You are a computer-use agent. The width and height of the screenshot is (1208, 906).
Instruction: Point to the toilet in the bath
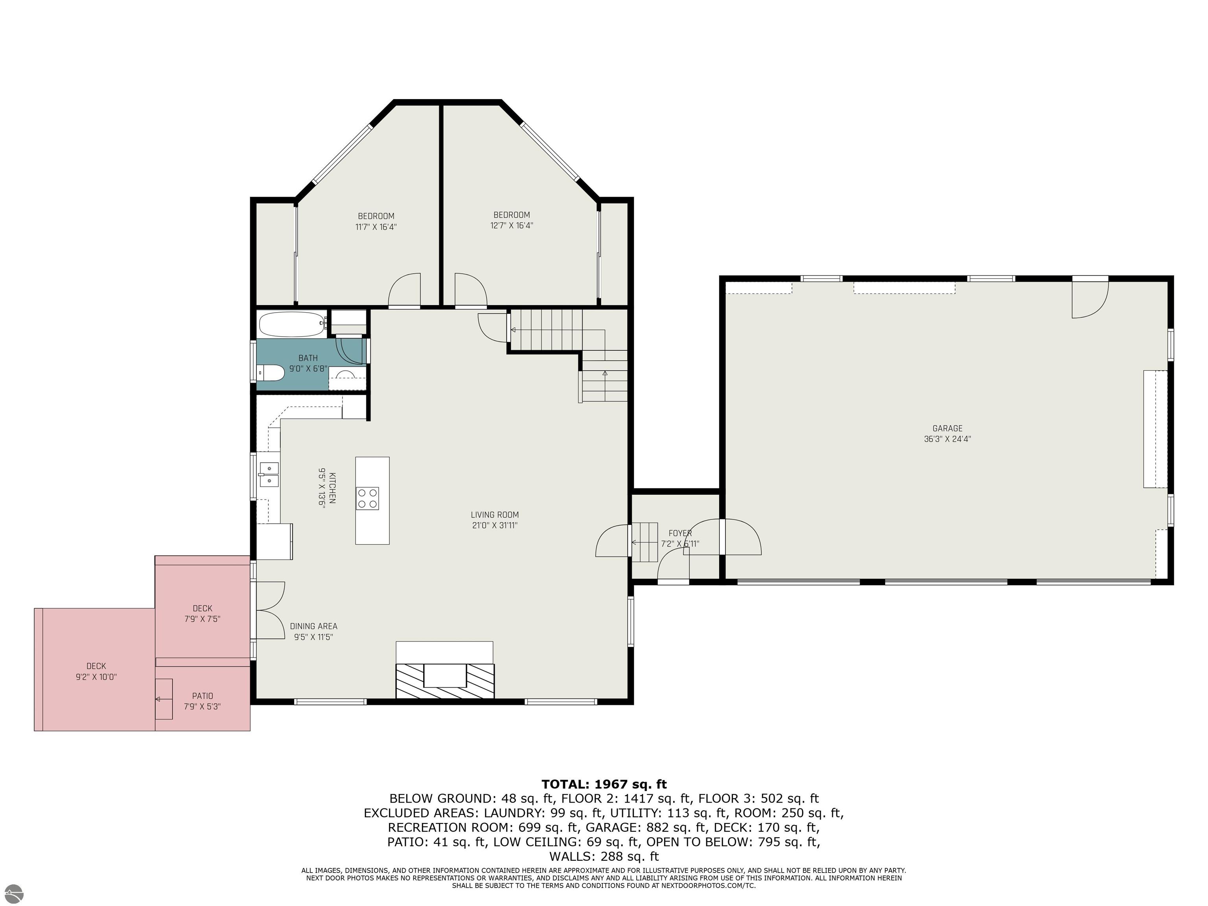tap(271, 374)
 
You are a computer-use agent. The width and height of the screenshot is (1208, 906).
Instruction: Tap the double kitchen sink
tap(269, 475)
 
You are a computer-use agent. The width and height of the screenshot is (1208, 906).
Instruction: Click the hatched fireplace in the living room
tap(445, 680)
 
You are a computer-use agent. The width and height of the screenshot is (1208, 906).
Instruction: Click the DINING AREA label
tap(313, 626)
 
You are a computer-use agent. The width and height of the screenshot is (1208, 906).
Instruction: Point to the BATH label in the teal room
tap(308, 359)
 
